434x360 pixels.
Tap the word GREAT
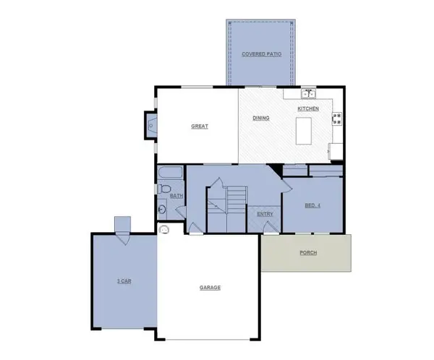pos(200,127)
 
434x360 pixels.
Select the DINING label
pos(261,118)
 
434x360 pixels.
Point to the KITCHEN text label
pos(308,108)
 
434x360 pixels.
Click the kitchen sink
pos(309,93)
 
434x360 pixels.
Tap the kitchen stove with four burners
pos(337,119)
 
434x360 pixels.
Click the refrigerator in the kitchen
pos(336,151)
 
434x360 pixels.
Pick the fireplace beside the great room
pos(151,126)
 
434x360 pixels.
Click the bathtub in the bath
pos(171,174)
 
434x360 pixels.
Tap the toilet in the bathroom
pos(162,189)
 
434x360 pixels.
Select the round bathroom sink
pos(162,210)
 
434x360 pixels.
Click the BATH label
pos(176,196)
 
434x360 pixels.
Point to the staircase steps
pos(234,198)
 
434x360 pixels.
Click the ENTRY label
pos(264,214)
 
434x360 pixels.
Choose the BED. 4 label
pos(312,205)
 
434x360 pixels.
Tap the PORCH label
pos(308,253)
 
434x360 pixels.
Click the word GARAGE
pos(210,288)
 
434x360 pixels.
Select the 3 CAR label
pos(123,280)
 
